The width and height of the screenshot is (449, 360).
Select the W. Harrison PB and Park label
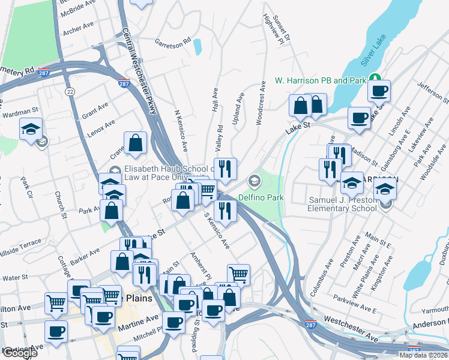320,80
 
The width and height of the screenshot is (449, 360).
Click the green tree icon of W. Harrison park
375,78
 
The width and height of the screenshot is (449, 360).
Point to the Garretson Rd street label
172,42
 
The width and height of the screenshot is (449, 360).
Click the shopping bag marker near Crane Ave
136,143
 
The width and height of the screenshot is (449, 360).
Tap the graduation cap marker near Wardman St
31,129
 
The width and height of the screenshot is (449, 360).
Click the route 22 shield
71,91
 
